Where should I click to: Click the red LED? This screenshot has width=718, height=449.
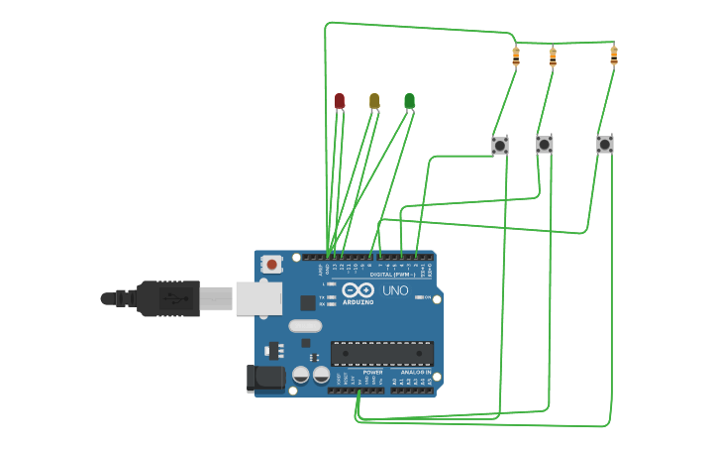pyautogui.click(x=340, y=100)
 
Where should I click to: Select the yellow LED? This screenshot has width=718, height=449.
pyautogui.click(x=374, y=100)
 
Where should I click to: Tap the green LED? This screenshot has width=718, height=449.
pyautogui.click(x=409, y=100)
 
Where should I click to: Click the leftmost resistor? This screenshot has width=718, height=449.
pyautogui.click(x=515, y=56)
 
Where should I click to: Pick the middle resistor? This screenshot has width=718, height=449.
pyautogui.click(x=552, y=56)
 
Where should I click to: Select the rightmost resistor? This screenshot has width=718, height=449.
pyautogui.click(x=613, y=55)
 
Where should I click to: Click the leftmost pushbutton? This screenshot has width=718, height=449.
pyautogui.click(x=500, y=146)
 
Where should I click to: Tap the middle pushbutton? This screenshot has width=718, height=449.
pyautogui.click(x=544, y=145)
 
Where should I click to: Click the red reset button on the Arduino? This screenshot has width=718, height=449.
pyautogui.click(x=270, y=265)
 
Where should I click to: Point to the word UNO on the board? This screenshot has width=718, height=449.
pyautogui.click(x=395, y=290)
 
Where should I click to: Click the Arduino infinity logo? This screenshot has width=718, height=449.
pyautogui.click(x=358, y=289)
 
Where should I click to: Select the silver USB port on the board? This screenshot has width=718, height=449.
pyautogui.click(x=258, y=298)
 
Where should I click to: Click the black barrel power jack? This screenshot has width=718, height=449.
pyautogui.click(x=264, y=378)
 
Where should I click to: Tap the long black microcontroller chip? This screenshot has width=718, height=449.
pyautogui.click(x=381, y=353)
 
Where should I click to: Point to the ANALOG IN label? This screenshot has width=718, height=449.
pyautogui.click(x=415, y=372)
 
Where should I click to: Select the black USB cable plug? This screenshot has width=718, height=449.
pyautogui.click(x=168, y=298)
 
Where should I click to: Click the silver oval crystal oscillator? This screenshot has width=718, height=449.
pyautogui.click(x=305, y=325)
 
